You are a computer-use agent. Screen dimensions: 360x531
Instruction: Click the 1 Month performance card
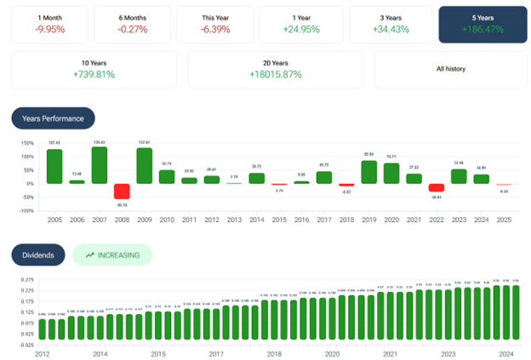coord(48,23)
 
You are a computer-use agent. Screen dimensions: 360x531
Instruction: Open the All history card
coord(451,69)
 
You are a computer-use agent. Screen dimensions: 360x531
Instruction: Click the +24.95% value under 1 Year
coord(301,29)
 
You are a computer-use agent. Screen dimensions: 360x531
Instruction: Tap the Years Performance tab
coord(53,117)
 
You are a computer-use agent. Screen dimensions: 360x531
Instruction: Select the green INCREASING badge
coord(111,254)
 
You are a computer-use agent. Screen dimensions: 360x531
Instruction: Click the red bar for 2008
coord(122,191)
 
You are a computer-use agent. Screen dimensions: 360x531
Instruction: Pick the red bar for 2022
coord(437,188)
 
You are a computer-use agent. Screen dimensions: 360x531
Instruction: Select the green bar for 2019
coord(368,172)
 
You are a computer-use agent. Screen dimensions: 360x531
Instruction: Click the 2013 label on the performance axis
coord(234,220)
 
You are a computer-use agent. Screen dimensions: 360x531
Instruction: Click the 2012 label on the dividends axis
coord(42,353)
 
